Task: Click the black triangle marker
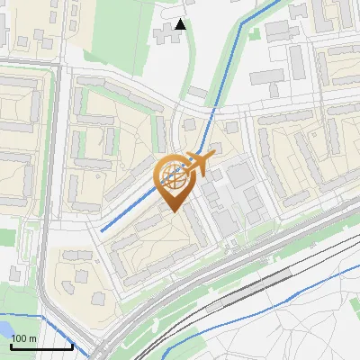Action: coord(181,24)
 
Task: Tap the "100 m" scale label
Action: coord(24,338)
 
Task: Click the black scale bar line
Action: coord(41,346)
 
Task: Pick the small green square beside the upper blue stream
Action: coord(255,34)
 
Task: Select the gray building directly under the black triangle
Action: coord(166,38)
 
